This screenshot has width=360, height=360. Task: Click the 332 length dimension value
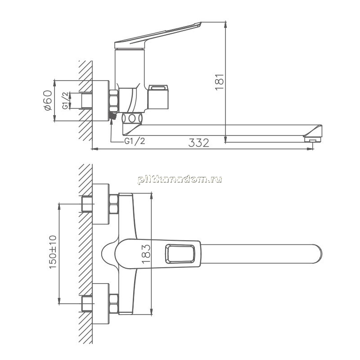[198, 143]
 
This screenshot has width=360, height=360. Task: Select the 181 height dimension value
[220, 82]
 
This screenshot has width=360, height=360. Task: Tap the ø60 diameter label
[48, 100]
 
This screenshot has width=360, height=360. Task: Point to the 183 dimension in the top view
[146, 254]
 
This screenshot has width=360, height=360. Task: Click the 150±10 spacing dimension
[53, 252]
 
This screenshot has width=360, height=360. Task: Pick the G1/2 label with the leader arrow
[135, 141]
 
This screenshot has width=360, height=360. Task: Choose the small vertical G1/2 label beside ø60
[65, 100]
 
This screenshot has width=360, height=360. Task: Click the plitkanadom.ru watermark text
[180, 179]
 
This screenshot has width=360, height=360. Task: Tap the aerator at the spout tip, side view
[312, 139]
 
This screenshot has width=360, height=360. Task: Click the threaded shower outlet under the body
[113, 116]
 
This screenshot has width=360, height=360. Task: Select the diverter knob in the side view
[158, 97]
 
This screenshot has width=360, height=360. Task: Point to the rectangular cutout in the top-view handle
[180, 254]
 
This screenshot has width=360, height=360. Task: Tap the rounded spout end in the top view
[319, 254]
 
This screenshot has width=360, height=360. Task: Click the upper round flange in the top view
[101, 204]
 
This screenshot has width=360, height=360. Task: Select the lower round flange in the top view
[101, 303]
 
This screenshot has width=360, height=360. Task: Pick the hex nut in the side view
[114, 100]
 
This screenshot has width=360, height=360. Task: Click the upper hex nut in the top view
[114, 204]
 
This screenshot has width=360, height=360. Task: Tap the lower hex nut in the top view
[114, 303]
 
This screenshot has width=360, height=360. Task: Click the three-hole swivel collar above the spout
[132, 118]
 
